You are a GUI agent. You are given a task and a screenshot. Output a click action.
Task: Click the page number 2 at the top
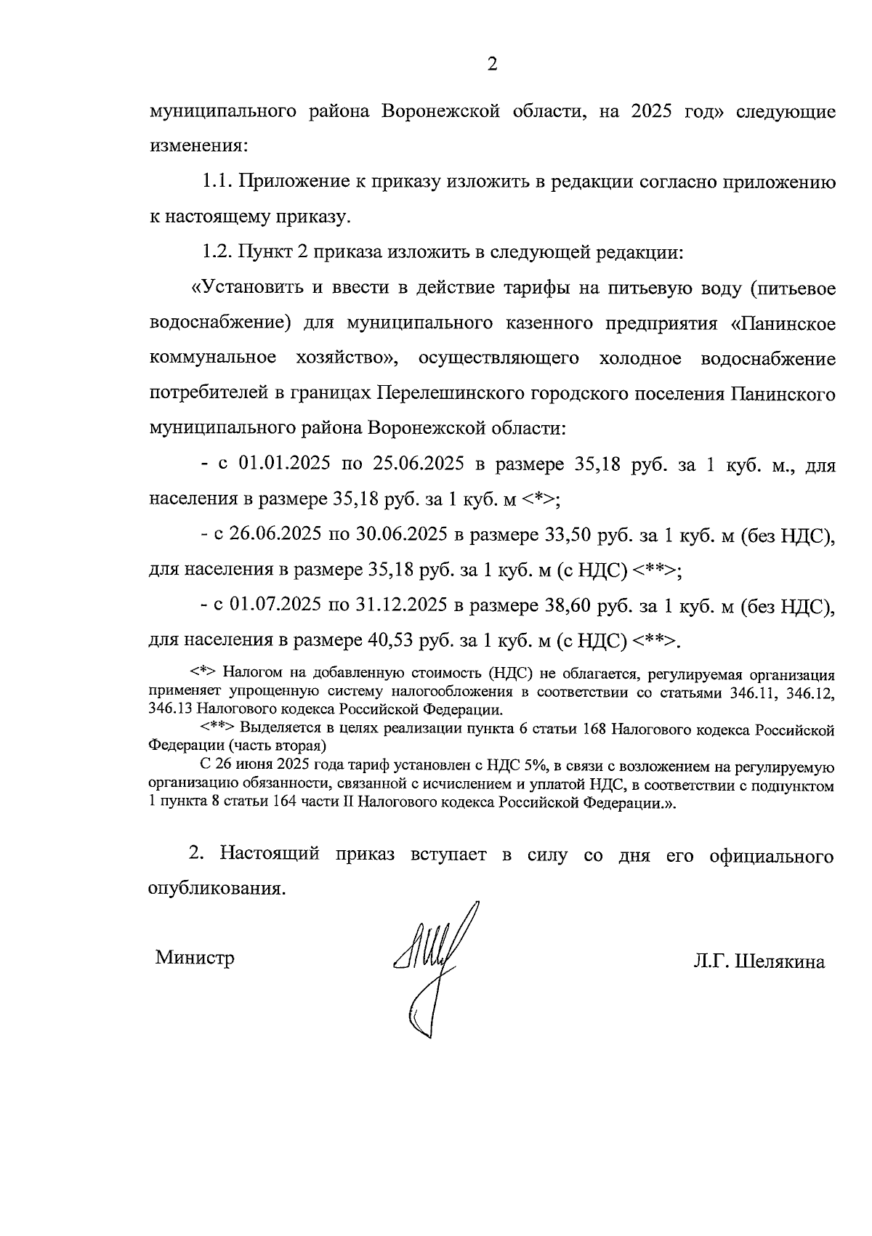coord(491,65)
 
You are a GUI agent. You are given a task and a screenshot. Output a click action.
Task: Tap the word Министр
coord(195,957)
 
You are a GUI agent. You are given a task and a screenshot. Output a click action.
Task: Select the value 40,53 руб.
coord(408,640)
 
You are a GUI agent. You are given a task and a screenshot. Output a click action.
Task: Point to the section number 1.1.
coord(217,182)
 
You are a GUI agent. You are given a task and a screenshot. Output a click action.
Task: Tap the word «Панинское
coord(783,323)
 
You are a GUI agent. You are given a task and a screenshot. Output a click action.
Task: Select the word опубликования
coord(215,888)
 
